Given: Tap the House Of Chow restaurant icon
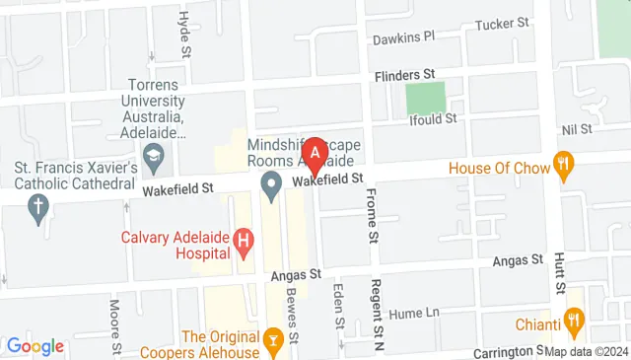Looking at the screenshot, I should click(x=564, y=167).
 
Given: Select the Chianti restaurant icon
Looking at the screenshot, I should click(x=573, y=320).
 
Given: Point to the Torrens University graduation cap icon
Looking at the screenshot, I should click(x=154, y=156).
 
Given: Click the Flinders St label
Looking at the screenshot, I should click(x=403, y=74).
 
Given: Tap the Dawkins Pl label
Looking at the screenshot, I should click(x=404, y=38).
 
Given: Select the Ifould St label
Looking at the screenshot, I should click(x=434, y=118).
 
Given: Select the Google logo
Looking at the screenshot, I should click(x=35, y=346).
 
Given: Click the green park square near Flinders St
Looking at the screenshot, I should click(x=425, y=98).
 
